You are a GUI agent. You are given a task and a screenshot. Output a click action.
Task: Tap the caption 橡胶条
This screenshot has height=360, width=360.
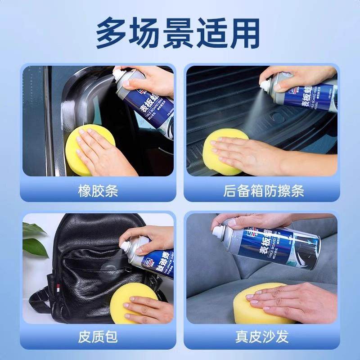point(98,191)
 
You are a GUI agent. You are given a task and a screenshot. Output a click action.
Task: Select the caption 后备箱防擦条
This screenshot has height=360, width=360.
point(263,191)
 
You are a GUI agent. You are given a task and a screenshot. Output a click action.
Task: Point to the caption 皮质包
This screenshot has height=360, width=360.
point(98,336)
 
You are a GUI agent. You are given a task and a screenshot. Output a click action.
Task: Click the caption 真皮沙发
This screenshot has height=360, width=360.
point(263,336)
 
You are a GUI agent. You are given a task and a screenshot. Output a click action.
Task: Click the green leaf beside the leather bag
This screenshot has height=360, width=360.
point(34,241)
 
